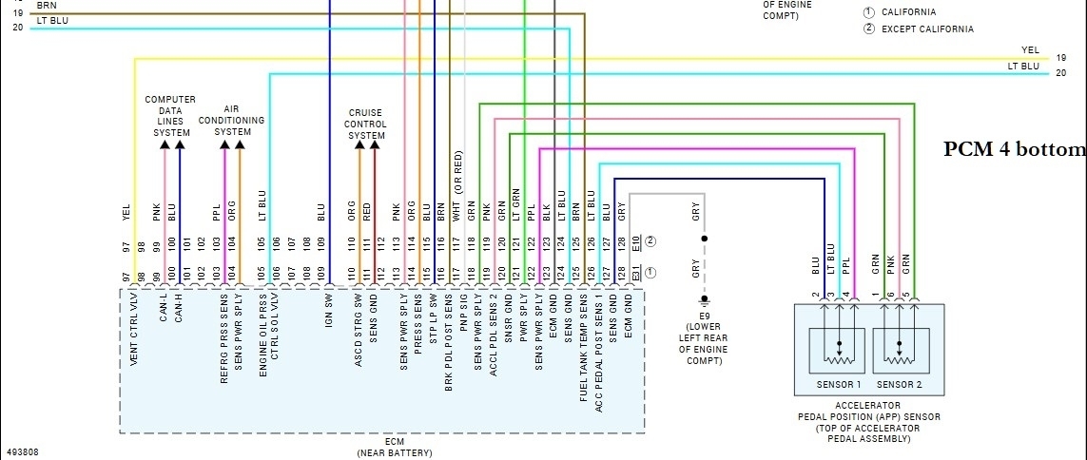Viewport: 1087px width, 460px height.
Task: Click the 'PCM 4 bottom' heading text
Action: (1014, 149)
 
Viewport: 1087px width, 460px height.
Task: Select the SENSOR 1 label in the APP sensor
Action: (838, 384)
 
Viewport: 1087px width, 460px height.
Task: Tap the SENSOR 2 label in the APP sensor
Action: (900, 384)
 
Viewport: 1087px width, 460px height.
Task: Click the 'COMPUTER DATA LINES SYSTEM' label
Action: (171, 116)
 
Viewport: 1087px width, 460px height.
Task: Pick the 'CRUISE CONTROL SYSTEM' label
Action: (366, 124)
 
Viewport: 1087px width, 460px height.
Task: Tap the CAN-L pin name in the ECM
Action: (164, 306)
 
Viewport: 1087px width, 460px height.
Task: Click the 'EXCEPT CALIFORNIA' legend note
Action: (927, 29)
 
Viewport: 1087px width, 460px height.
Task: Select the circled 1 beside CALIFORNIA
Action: (868, 12)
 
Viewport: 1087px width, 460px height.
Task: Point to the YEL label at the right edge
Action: (1030, 50)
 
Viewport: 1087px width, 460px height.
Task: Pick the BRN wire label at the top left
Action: (47, 5)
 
